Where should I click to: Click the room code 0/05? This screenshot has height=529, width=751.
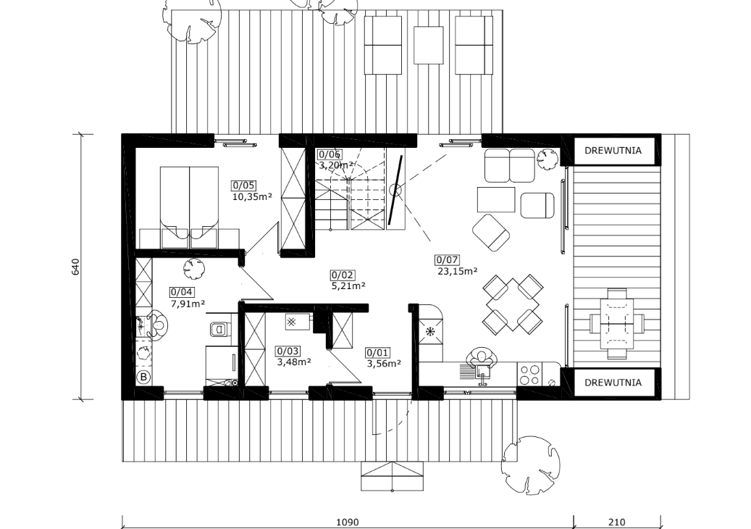click(243, 186)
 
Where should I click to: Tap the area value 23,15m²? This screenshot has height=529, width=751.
click(458, 271)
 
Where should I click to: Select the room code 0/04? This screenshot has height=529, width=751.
click(182, 292)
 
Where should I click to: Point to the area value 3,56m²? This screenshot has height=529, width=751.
click(384, 364)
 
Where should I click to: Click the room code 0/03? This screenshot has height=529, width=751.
click(287, 351)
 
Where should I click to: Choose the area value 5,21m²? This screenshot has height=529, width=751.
click(348, 286)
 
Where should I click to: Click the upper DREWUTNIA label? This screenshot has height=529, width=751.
click(613, 151)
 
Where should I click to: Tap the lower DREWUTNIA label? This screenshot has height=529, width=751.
click(613, 383)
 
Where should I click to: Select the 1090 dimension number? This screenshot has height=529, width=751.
click(348, 522)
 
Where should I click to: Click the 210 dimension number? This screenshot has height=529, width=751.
click(617, 522)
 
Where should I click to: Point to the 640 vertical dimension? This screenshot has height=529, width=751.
click(75, 267)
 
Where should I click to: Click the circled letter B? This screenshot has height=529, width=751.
click(143, 377)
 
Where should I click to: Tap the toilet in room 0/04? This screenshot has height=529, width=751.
click(220, 330)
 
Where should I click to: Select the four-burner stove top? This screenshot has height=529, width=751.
click(529, 375)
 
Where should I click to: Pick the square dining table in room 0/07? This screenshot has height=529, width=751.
click(513, 305)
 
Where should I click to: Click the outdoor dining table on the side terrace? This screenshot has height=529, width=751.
click(617, 323)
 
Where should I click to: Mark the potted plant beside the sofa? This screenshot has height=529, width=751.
click(547, 159)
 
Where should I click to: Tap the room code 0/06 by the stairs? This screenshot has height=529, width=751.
click(330, 154)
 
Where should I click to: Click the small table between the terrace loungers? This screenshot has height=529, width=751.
click(428, 45)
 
